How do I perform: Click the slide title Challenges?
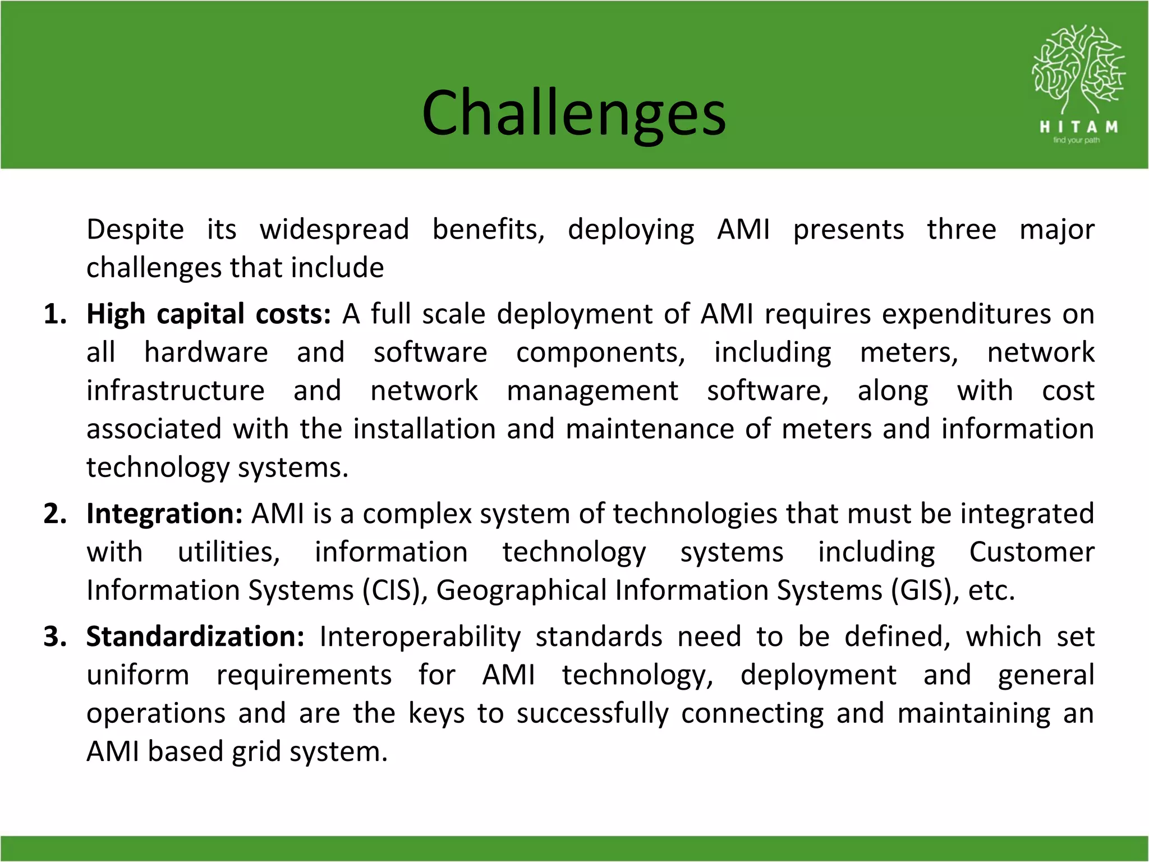pos(573,113)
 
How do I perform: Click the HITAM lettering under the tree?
pos(1078,127)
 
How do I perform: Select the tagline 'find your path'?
pos(1076,140)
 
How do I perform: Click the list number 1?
pos(54,314)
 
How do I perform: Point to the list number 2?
pos(54,514)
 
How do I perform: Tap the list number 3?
pos(54,637)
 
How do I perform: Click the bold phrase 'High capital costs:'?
pos(209,314)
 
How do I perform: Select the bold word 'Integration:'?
pos(164,514)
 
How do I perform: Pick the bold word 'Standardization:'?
pos(195,637)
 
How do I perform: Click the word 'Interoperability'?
pos(420,637)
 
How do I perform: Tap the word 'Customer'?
pos(1031,552)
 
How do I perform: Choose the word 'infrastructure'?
pos(175,391)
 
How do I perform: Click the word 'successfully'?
pos(592,714)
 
